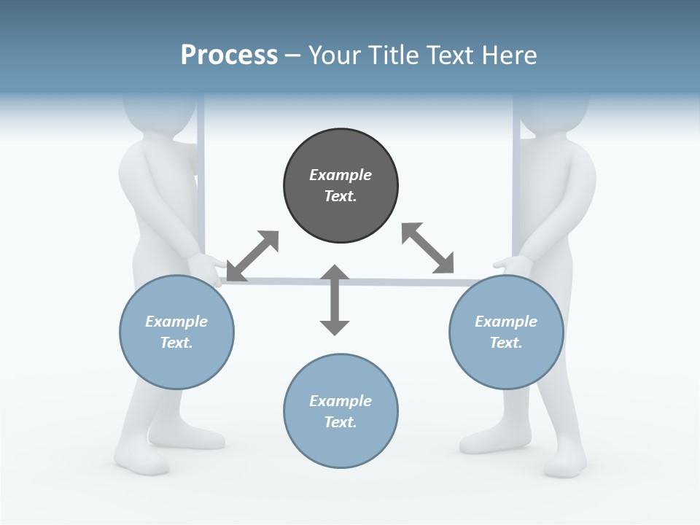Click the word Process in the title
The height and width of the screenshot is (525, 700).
(229, 55)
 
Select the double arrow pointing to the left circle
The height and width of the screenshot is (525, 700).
(252, 255)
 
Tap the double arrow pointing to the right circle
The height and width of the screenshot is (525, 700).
(428, 248)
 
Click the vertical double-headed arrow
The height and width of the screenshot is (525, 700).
(335, 300)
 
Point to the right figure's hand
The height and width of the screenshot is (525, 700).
(513, 264)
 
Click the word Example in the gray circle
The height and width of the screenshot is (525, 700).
(341, 175)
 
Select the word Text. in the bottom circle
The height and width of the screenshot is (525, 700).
(341, 422)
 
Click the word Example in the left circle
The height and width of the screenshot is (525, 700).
(176, 322)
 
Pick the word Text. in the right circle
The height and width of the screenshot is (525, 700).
(506, 343)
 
